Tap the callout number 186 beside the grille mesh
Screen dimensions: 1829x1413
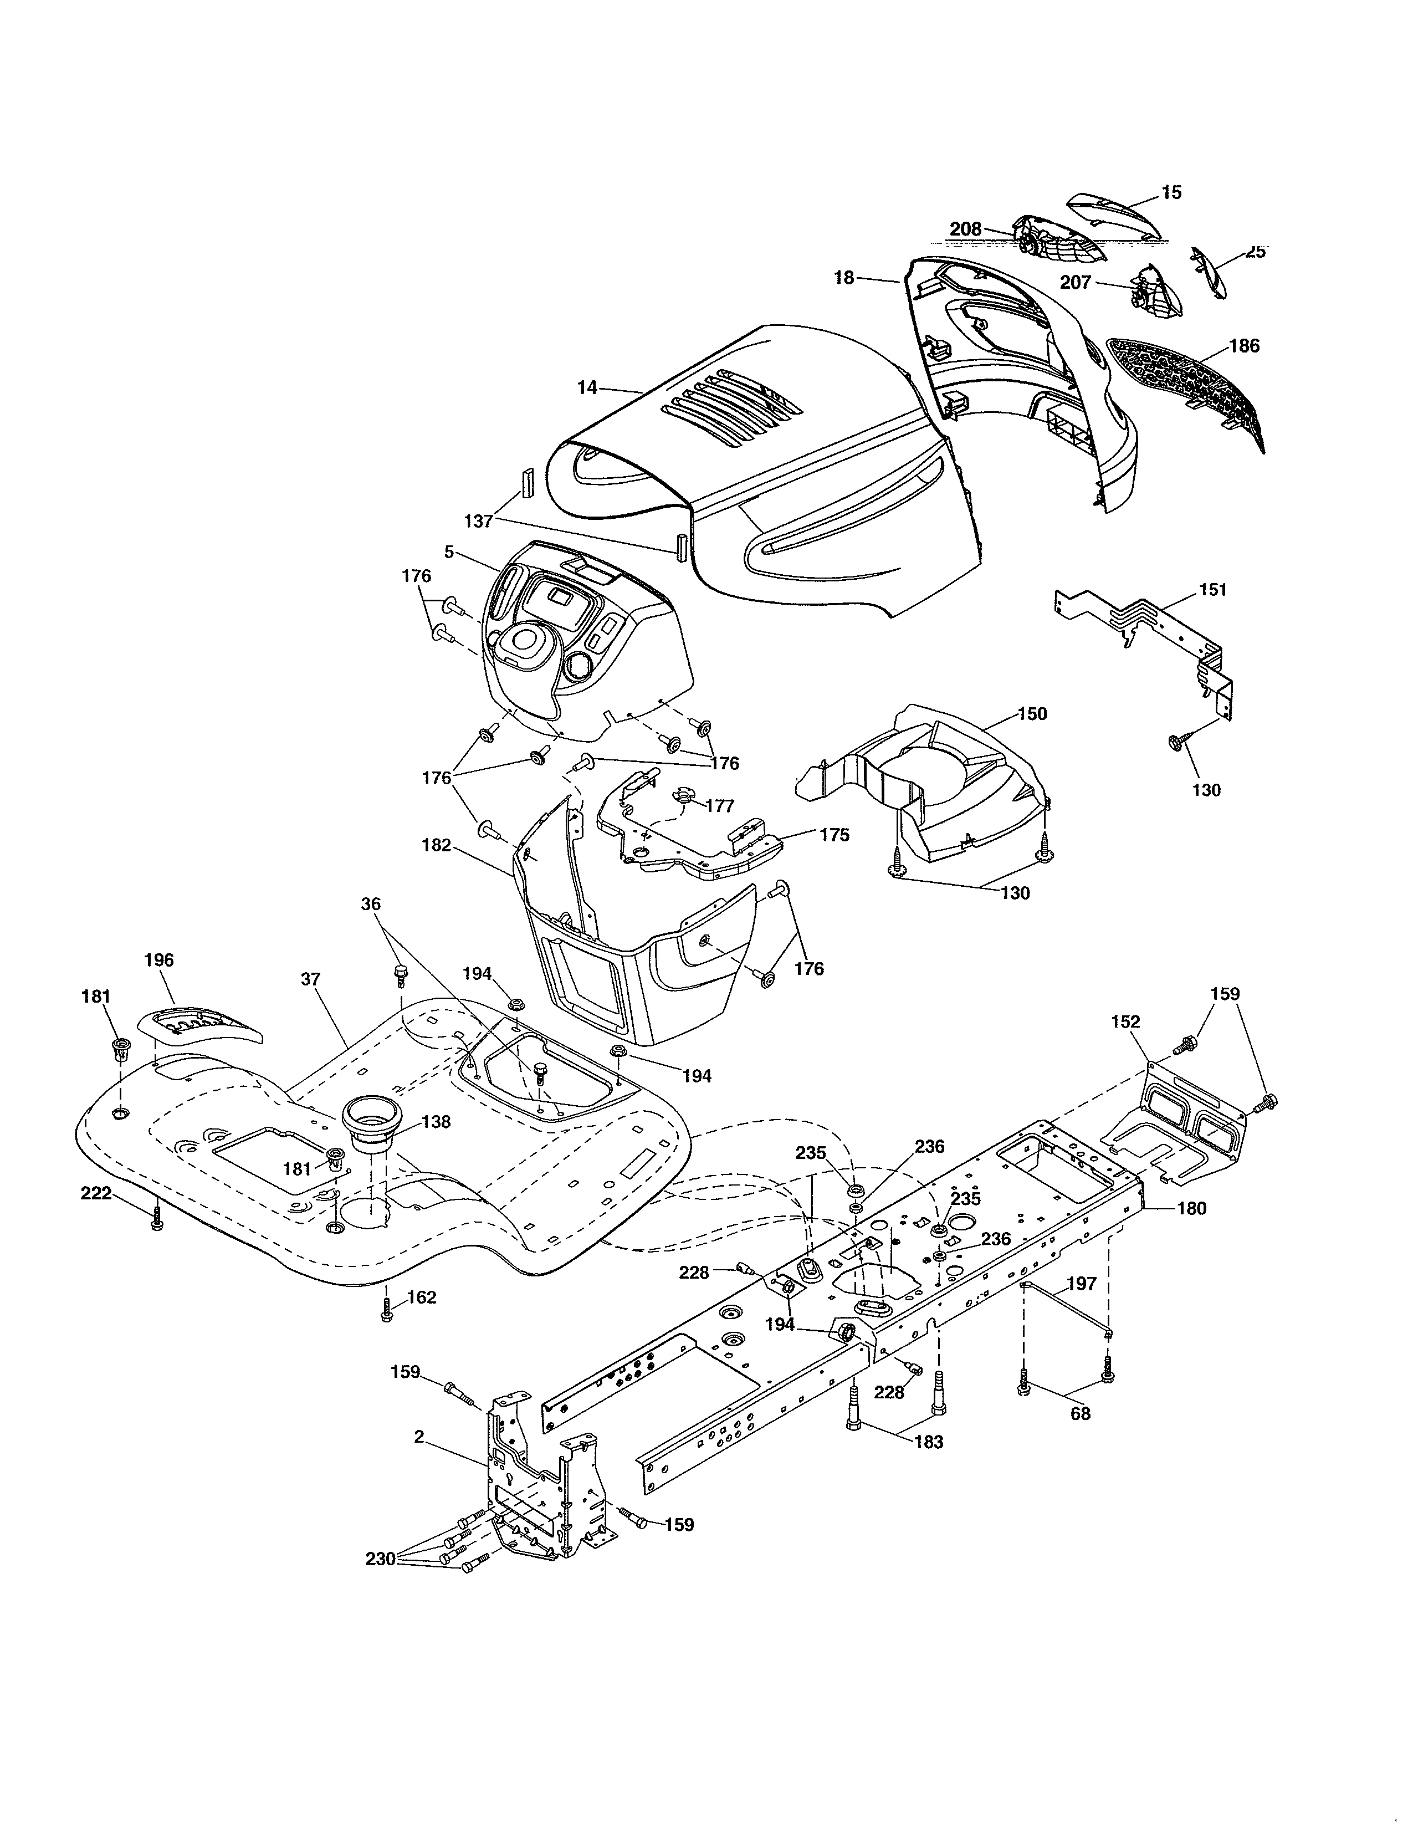[1244, 346]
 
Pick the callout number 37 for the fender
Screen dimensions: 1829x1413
[311, 978]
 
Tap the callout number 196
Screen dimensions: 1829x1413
[159, 960]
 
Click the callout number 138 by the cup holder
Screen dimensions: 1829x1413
[436, 1121]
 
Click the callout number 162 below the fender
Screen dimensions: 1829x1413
[421, 1297]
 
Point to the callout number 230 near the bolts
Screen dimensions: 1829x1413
[381, 1559]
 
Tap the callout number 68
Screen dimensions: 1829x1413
[1081, 1413]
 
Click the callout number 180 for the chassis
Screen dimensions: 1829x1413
[1192, 1208]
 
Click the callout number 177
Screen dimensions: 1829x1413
[720, 806]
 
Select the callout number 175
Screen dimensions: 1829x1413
[834, 835]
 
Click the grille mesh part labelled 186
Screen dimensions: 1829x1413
[1189, 394]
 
